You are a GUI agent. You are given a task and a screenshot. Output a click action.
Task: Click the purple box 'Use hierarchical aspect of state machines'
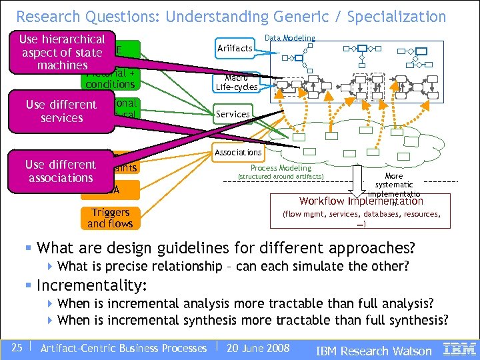point(63,52)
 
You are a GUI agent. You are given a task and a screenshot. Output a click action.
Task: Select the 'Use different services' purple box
point(61,111)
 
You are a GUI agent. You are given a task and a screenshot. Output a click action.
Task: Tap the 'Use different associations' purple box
point(61,171)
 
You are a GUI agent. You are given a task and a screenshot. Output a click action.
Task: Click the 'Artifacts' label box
point(235,48)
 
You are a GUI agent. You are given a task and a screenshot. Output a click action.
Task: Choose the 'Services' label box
point(233,114)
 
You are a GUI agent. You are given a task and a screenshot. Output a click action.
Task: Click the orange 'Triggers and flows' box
point(110,218)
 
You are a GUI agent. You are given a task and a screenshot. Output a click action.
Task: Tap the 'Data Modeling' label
point(290,39)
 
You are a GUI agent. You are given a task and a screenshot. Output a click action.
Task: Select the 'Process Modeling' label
point(281,168)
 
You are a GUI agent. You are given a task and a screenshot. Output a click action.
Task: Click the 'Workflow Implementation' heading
point(361,201)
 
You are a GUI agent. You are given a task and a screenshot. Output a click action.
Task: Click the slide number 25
point(17,348)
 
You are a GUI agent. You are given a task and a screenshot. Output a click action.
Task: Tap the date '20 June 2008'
point(258,348)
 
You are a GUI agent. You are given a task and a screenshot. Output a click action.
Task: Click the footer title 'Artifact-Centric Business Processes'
point(123,348)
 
